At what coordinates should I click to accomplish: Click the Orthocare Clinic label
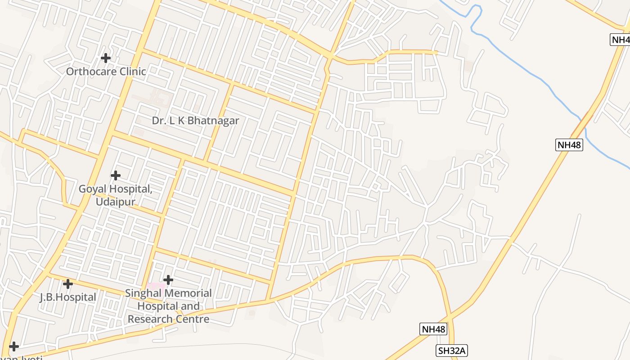[x=106, y=72]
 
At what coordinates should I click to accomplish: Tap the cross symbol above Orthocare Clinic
[x=106, y=58]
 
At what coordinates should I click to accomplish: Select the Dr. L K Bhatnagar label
[x=195, y=121]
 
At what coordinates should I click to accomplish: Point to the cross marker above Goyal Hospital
[x=116, y=175]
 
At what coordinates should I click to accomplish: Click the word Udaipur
[x=115, y=202]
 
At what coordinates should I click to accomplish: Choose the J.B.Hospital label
[x=68, y=297]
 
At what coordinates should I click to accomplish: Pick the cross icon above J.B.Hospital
[x=68, y=284]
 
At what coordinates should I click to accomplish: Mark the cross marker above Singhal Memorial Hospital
[x=168, y=280]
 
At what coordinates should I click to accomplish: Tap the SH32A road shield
[x=451, y=351]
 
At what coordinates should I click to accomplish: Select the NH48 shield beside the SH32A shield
[x=434, y=329]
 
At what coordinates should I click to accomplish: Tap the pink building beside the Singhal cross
[x=156, y=286]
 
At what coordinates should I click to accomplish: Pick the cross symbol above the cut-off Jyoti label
[x=14, y=346]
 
